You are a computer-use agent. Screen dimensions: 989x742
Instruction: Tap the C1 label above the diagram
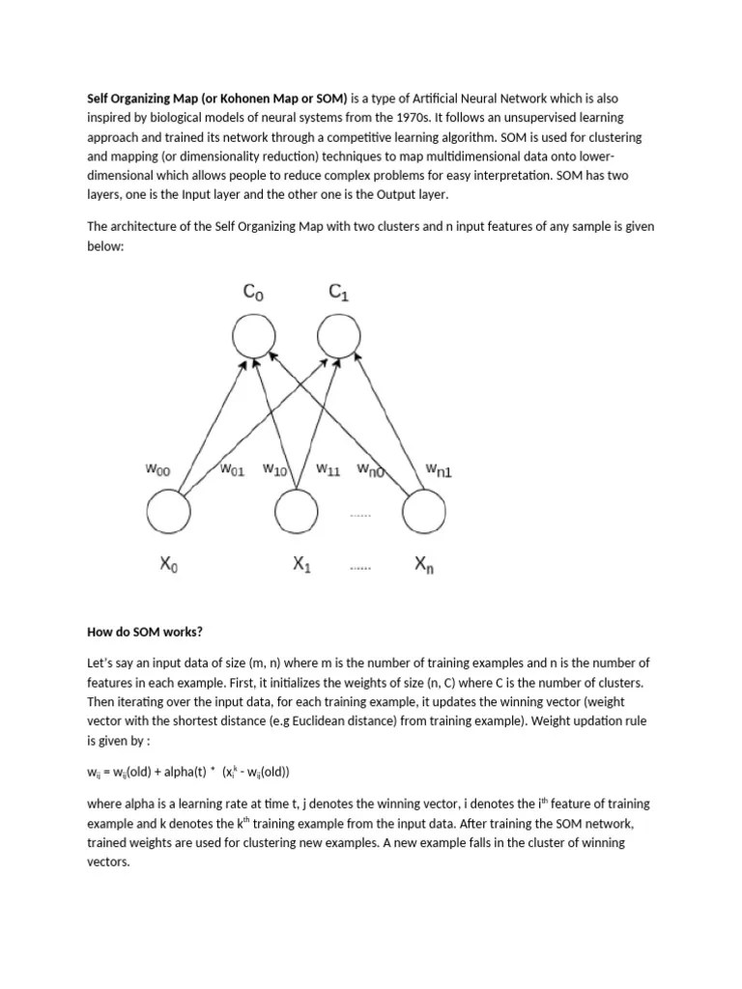click(x=339, y=293)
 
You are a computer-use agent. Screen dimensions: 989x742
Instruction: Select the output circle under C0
click(x=253, y=338)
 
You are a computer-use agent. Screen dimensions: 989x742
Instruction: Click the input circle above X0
click(x=168, y=511)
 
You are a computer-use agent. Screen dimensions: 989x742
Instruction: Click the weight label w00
click(x=157, y=469)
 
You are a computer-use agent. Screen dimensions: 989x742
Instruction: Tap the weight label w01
click(x=233, y=470)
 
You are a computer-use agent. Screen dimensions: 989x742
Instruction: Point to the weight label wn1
click(x=438, y=470)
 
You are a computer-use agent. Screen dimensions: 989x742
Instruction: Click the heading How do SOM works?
click(x=145, y=633)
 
